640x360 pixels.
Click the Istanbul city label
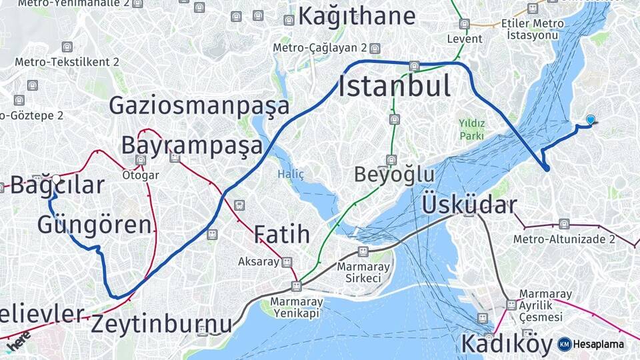point(394,87)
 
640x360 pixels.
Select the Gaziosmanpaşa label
point(199,106)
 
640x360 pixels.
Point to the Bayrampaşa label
point(191,145)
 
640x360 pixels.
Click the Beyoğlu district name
point(394,175)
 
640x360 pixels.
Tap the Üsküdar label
point(469,205)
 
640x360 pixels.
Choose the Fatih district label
point(281,234)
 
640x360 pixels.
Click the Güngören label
point(94,225)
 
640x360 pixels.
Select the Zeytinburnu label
point(161,324)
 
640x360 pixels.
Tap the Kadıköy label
point(507,344)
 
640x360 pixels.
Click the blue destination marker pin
point(590,120)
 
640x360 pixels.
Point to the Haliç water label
point(291,174)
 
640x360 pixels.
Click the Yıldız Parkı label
point(471,129)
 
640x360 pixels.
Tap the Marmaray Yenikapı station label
point(297,307)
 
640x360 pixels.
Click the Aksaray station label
point(259,262)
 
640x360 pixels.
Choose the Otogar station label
point(141,175)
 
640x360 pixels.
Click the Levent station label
point(465,39)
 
